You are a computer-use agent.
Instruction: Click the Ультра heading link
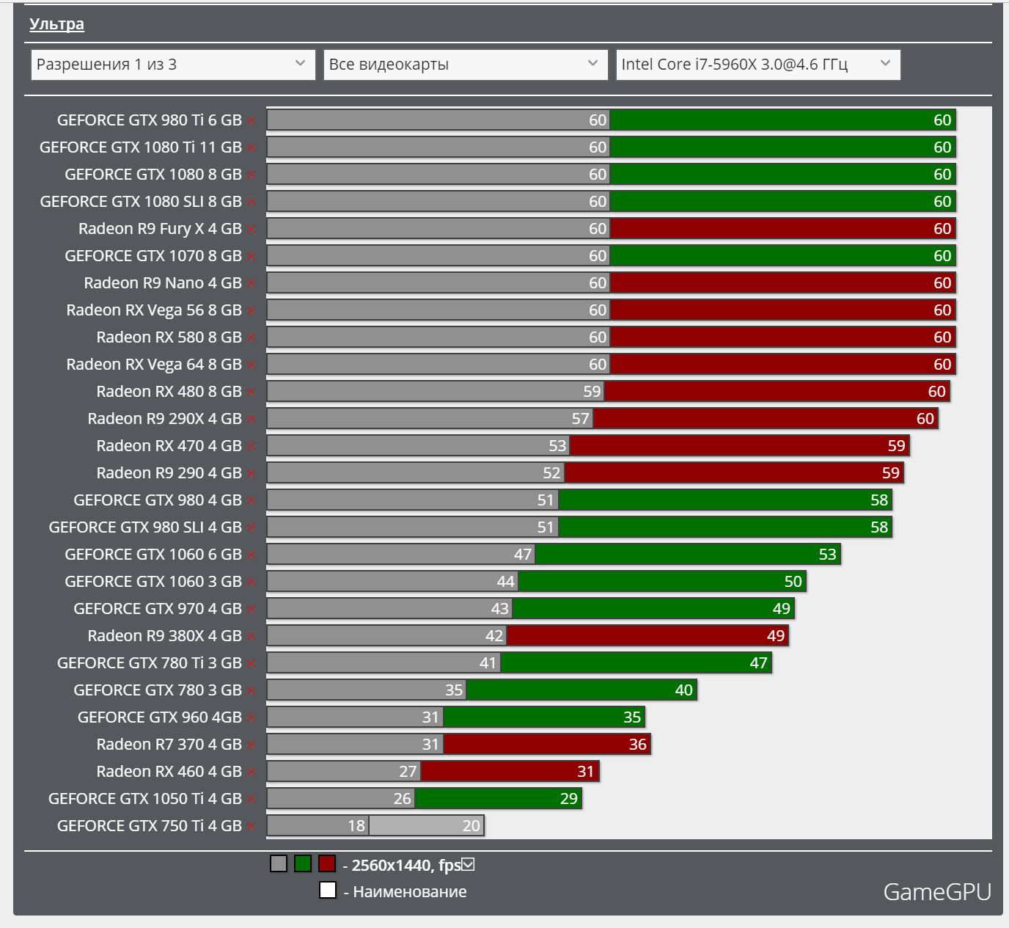point(56,24)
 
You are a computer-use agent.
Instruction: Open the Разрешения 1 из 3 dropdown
point(172,65)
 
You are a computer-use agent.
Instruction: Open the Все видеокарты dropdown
point(465,65)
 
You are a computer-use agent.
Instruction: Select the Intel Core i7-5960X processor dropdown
point(757,65)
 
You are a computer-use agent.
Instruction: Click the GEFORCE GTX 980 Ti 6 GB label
point(149,120)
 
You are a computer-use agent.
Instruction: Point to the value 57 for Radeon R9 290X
point(580,419)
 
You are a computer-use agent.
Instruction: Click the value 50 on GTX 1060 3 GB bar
point(793,582)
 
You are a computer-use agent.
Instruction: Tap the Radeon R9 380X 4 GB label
point(164,636)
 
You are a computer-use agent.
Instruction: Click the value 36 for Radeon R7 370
point(637,745)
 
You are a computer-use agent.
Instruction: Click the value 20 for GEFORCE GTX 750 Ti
point(471,826)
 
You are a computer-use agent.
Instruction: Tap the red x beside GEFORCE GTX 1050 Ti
point(251,799)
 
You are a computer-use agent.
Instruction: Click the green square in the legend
point(303,864)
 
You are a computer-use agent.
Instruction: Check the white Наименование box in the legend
point(328,891)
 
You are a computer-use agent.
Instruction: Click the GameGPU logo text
point(936,891)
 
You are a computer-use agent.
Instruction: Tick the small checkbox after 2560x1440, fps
point(468,865)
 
